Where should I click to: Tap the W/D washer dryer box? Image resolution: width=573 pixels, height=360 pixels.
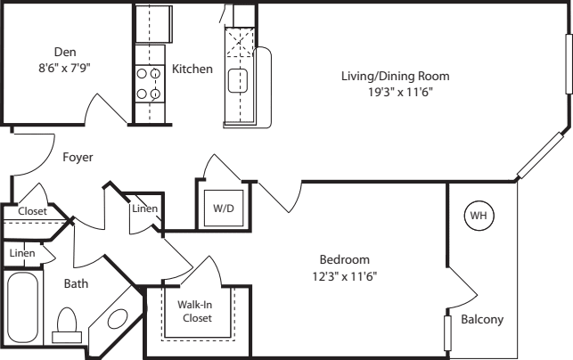[x=221, y=209]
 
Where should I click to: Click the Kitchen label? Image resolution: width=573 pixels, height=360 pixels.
[x=192, y=69]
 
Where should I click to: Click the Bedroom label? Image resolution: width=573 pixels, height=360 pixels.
[x=344, y=259]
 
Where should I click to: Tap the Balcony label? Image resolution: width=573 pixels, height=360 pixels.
[x=483, y=320]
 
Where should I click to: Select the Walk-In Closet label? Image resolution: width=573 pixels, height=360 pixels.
[x=196, y=311]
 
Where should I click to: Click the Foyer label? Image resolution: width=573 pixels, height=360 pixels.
[x=78, y=157]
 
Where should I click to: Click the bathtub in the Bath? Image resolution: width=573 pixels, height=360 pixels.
[x=21, y=309]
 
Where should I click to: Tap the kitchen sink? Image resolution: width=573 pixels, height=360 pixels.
[x=237, y=82]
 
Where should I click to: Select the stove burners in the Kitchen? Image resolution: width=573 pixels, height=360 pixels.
[x=147, y=82]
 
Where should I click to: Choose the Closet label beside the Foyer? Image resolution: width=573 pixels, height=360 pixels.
[x=32, y=211]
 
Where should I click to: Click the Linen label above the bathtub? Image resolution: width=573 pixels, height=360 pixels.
[x=21, y=253]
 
